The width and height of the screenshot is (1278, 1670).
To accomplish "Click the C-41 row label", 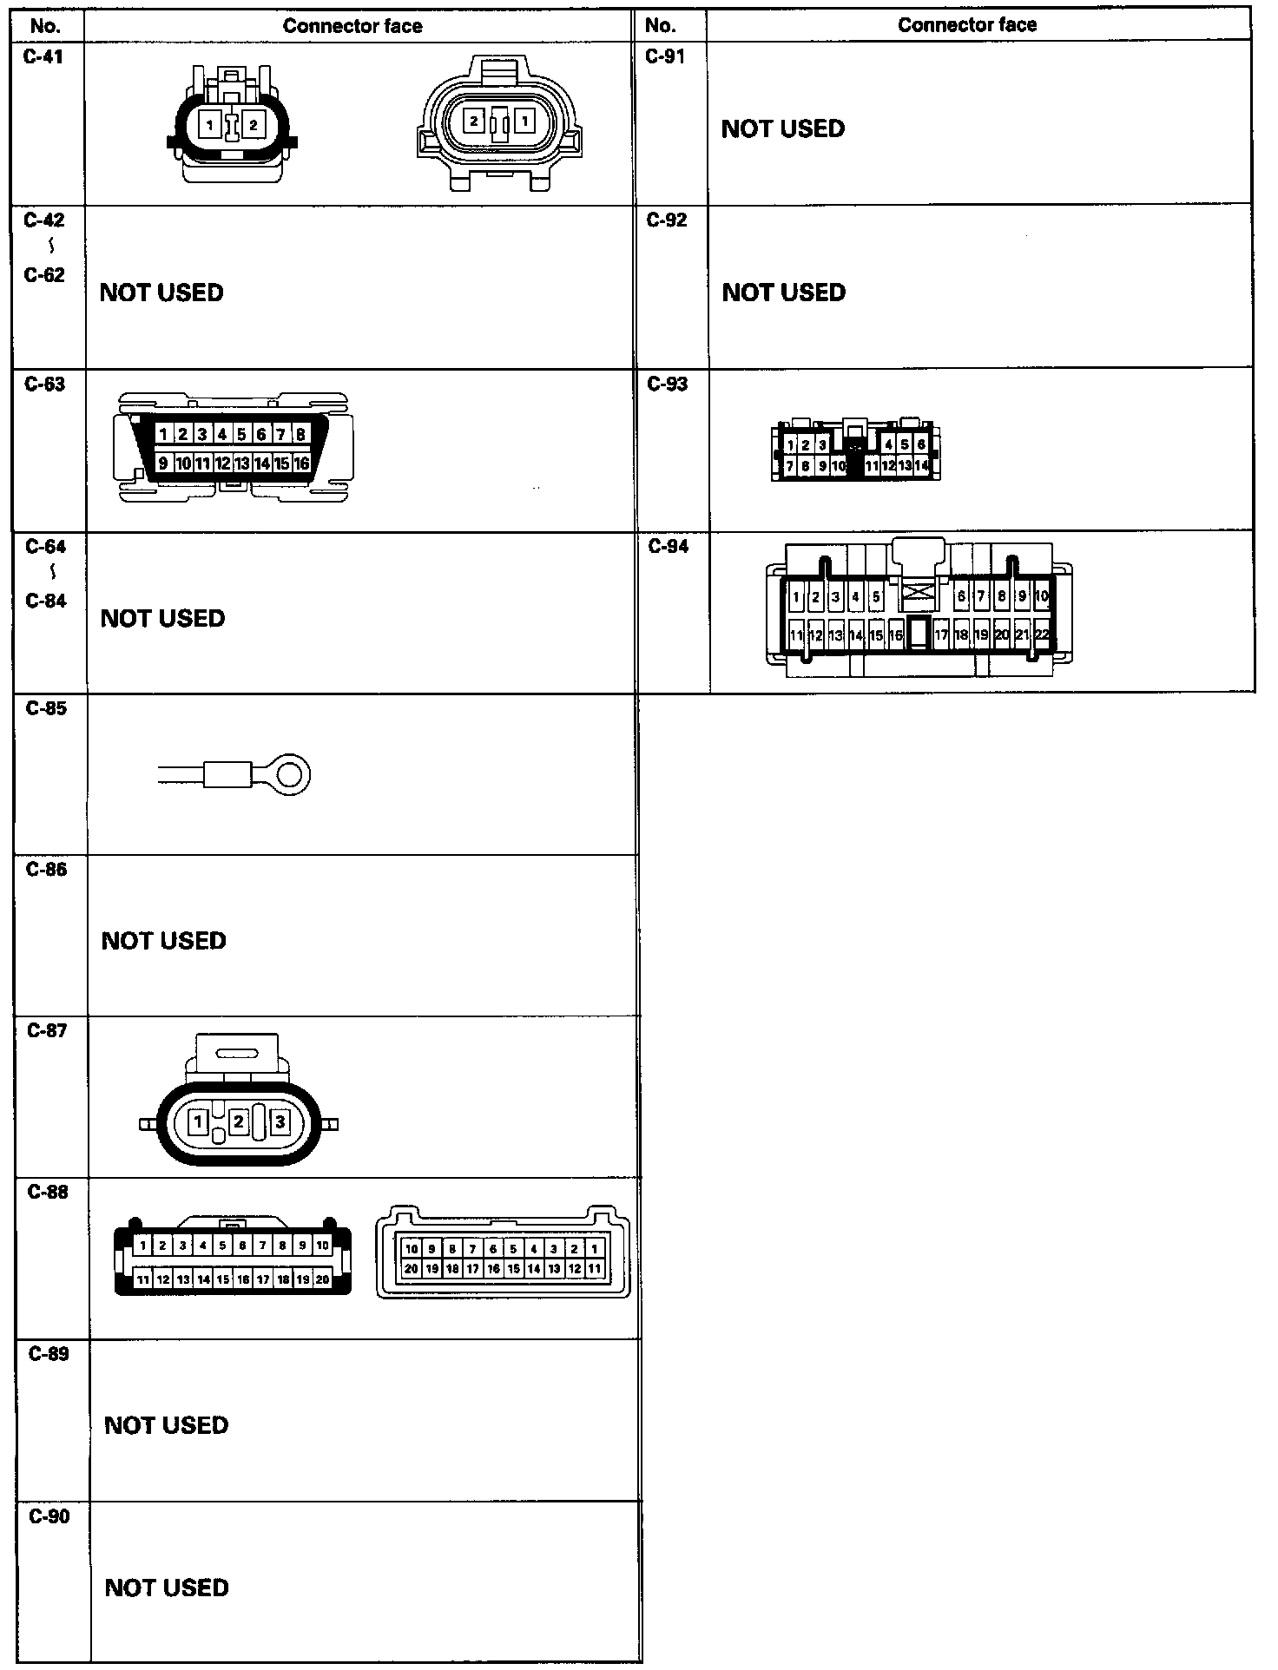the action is (x=43, y=57).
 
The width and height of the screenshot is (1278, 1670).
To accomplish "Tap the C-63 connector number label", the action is (x=45, y=384).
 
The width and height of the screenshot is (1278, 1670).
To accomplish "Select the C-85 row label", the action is (x=46, y=708).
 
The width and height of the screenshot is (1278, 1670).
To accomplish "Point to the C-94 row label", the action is (x=669, y=546).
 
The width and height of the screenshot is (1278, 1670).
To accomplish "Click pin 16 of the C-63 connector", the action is (x=301, y=464).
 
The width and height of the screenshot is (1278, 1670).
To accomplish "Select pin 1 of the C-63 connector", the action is (x=163, y=434).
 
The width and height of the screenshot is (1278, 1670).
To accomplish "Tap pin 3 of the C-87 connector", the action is (x=280, y=1121).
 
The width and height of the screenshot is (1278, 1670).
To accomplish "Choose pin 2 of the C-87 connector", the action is (x=238, y=1121).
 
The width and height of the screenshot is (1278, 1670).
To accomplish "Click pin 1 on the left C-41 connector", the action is (x=209, y=125).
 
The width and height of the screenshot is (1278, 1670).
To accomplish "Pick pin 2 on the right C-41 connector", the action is (x=474, y=121).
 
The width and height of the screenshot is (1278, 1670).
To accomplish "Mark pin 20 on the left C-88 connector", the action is (x=322, y=1279).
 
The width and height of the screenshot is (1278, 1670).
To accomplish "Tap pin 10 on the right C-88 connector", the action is (x=412, y=1249).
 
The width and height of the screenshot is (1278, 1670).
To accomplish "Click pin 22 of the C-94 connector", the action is (x=1042, y=634).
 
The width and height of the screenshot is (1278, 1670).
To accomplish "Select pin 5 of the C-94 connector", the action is (x=876, y=597).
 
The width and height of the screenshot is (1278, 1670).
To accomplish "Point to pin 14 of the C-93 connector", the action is (x=922, y=466).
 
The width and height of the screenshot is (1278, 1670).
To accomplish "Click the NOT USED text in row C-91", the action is (x=783, y=128).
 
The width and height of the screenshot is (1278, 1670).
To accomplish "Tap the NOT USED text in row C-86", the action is (x=164, y=941).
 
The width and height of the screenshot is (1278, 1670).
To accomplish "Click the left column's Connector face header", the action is (x=352, y=26).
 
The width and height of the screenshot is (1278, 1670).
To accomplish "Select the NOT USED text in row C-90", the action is (x=167, y=1588).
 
